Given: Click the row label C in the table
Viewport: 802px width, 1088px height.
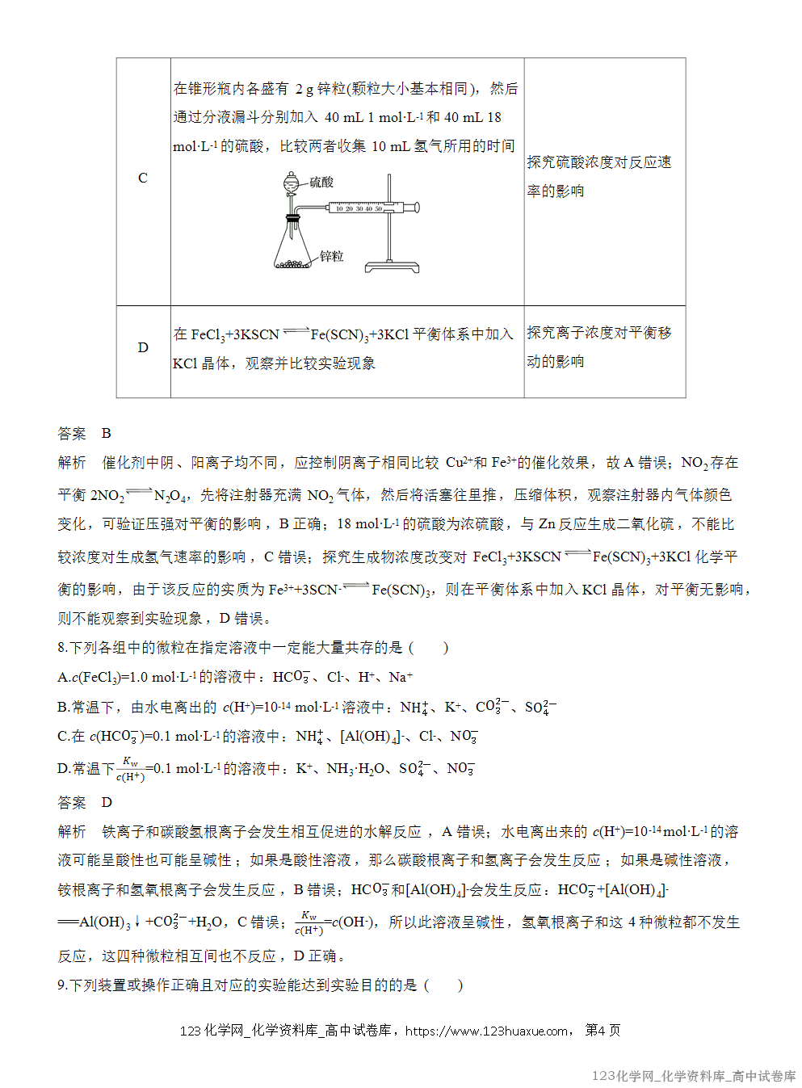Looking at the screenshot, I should (x=143, y=178).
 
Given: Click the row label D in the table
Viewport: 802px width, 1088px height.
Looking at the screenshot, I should (x=143, y=347).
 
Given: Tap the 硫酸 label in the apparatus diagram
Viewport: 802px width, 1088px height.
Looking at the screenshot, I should (x=321, y=183).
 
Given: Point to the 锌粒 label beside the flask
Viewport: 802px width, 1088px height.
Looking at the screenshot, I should (x=331, y=256).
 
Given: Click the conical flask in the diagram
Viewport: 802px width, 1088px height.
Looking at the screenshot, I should (x=292, y=246).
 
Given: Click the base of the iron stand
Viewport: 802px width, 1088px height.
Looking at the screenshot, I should (x=392, y=267).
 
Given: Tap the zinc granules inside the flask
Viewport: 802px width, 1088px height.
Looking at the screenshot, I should (x=292, y=263).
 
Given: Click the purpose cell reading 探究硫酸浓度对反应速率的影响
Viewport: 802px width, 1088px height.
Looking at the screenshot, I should (x=599, y=176).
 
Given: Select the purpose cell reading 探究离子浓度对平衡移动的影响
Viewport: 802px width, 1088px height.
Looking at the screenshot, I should (x=599, y=347).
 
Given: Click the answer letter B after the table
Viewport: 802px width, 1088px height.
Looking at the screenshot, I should (x=106, y=434).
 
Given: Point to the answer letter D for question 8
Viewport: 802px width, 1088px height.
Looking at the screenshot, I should (x=107, y=802).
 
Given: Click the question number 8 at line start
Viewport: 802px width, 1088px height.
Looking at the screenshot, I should (x=62, y=648).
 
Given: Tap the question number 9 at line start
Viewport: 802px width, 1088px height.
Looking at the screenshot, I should (x=62, y=985).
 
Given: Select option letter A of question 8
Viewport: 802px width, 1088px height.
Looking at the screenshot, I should (x=62, y=677).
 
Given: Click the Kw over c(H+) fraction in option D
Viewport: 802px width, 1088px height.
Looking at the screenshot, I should (x=130, y=769).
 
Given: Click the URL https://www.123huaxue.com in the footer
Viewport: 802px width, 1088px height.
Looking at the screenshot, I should (x=486, y=1031).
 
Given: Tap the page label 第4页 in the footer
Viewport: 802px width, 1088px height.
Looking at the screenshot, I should (x=603, y=1031).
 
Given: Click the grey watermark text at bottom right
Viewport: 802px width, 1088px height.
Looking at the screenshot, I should (x=694, y=1076).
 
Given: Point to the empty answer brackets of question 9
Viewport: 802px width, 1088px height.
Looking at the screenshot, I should (x=443, y=985).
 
